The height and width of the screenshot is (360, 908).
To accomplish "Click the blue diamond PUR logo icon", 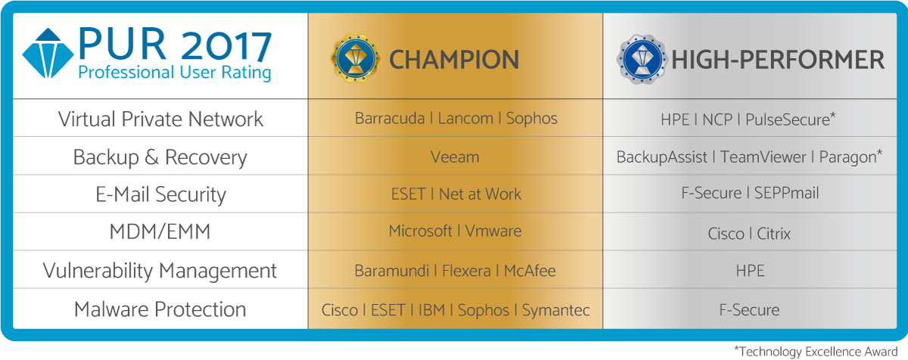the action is point(48,53).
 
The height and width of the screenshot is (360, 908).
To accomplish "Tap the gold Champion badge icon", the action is point(356,58).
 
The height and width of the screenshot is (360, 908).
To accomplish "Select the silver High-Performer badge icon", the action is point(642,59).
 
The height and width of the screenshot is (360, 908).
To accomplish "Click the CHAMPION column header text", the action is point(454,60).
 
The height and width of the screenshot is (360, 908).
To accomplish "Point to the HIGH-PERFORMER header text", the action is point(778,60).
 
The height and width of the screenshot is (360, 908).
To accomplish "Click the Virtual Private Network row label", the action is point(160,119).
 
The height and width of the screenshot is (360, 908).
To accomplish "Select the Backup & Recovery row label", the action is point(160,157).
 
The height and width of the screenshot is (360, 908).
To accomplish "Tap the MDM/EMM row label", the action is point(160,232).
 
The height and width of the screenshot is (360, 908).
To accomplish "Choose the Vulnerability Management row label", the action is point(160,271).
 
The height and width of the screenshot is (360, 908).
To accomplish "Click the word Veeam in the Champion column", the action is point(455,157).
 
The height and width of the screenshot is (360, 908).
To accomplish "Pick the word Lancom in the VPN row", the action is point(465,118).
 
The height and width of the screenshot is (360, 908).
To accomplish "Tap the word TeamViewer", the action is point(763,157).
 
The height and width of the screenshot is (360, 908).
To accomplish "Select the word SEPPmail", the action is point(786,193).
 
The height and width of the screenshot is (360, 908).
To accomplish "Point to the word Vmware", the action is point(493,231).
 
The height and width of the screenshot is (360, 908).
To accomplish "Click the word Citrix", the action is point(773,234).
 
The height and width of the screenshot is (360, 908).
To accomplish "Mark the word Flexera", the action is point(466,271).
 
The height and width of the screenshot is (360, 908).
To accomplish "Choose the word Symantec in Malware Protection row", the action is point(555,310).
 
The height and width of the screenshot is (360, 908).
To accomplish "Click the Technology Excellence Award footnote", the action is point(816,352).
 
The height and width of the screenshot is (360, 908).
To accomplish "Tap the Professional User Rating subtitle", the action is point(174,73).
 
